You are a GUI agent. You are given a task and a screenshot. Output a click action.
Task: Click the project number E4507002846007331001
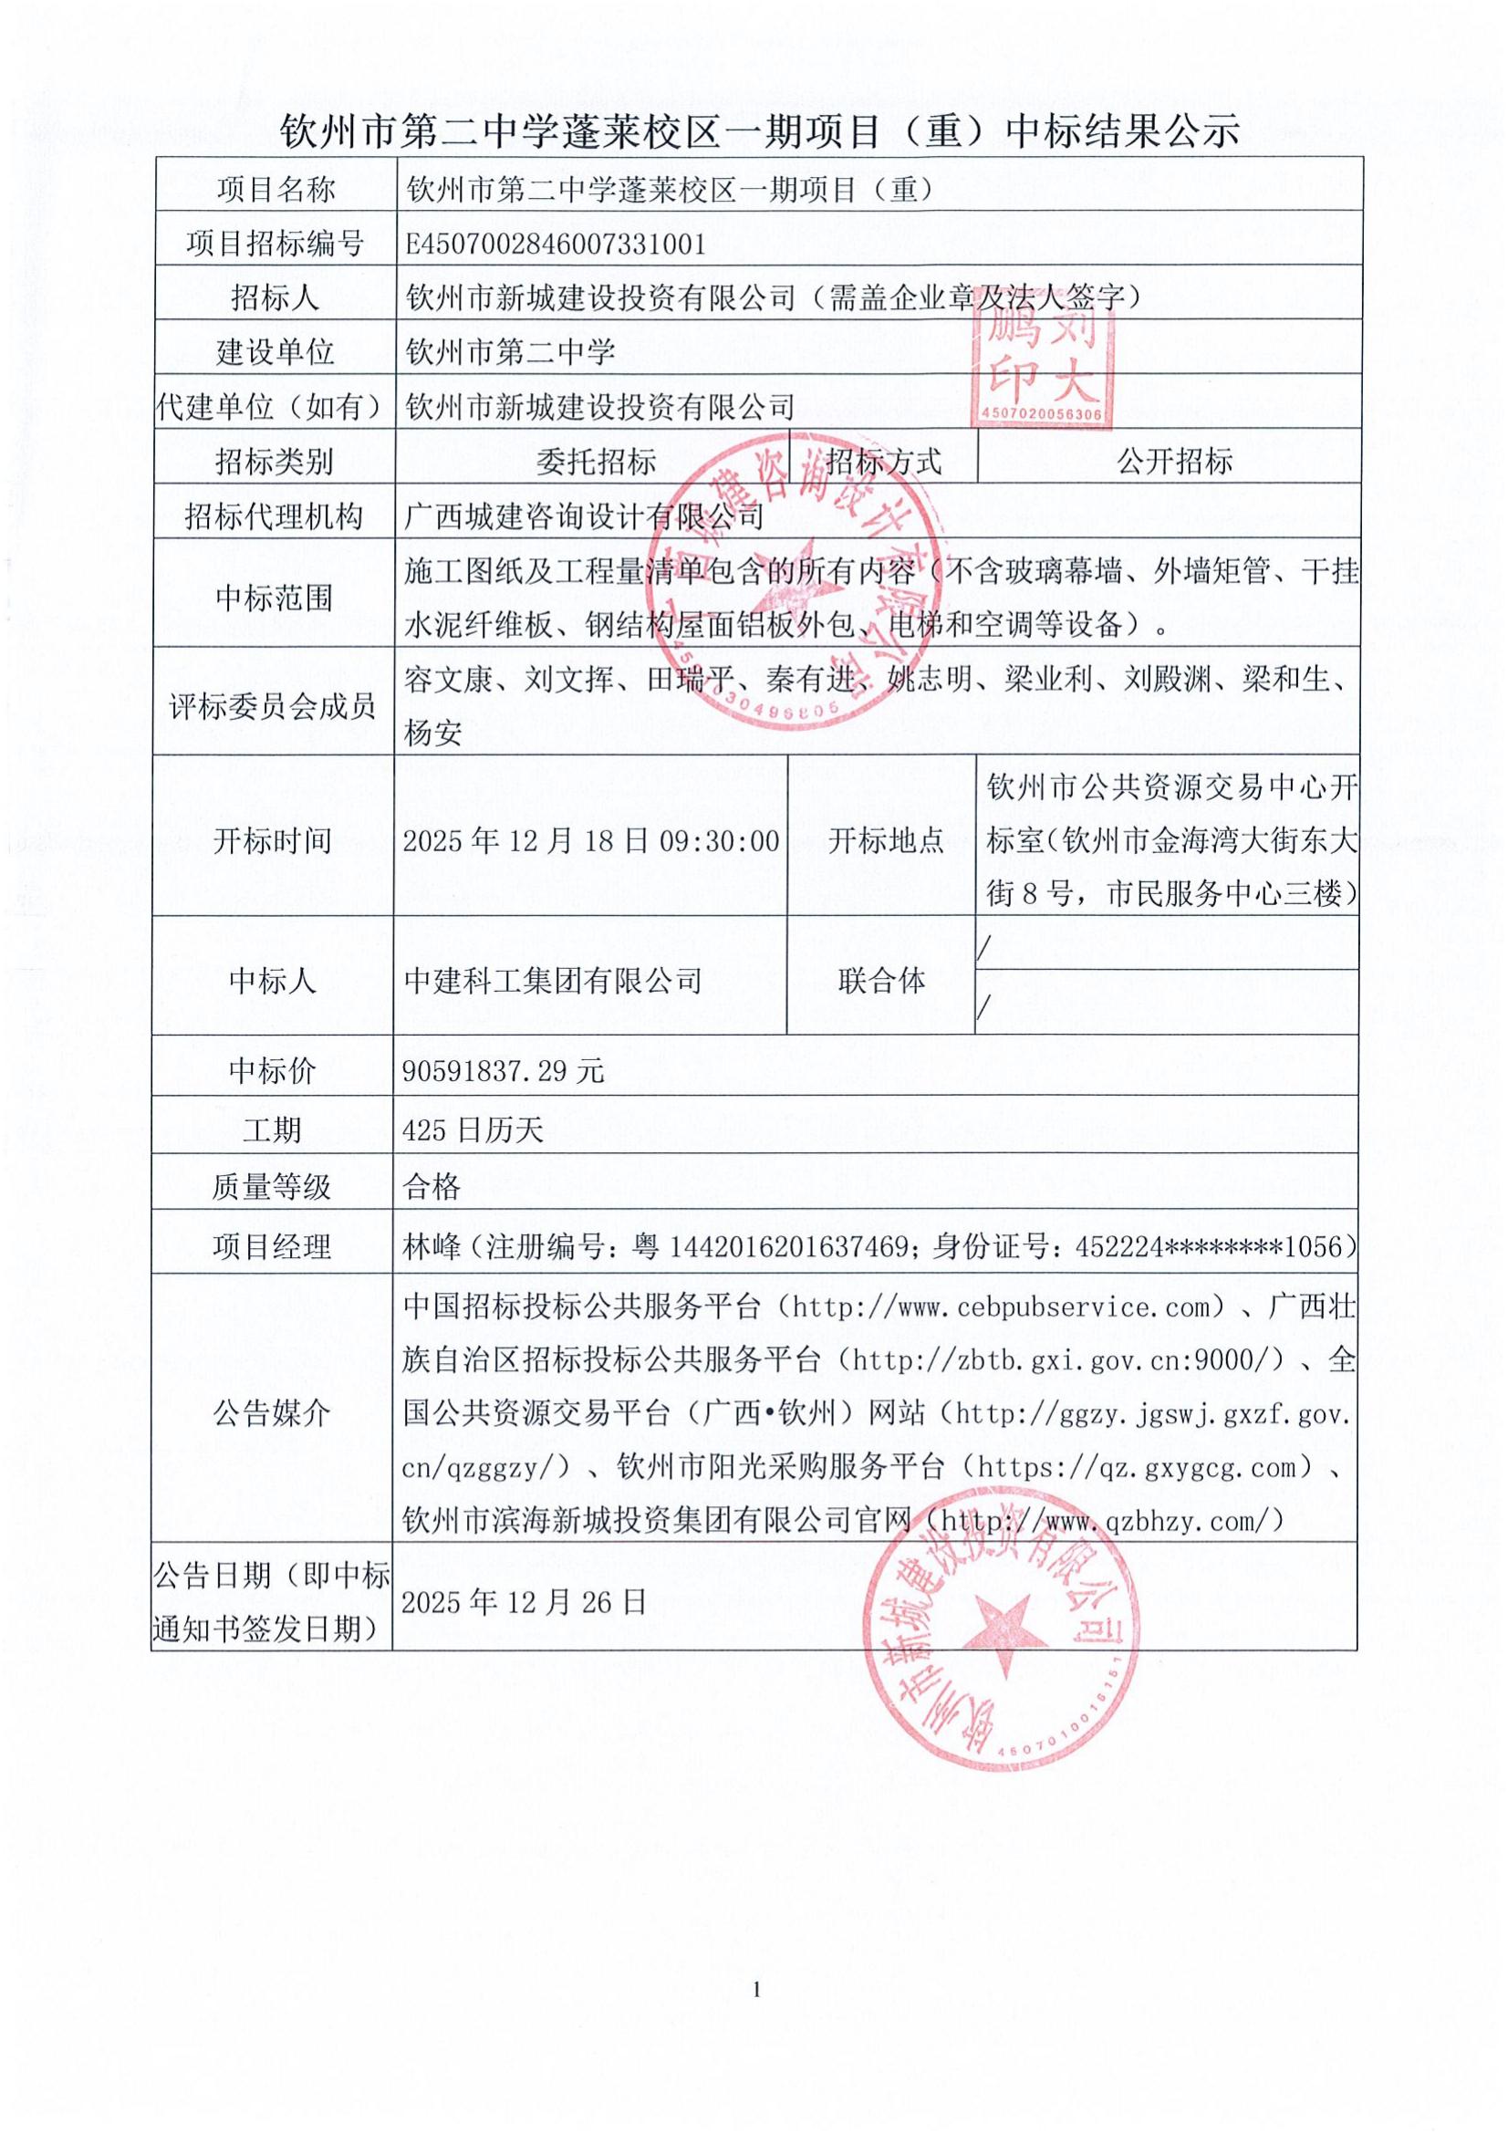[556, 244]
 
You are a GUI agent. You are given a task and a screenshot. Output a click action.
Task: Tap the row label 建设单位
[274, 352]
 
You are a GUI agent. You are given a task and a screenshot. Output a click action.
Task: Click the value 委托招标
[596, 461]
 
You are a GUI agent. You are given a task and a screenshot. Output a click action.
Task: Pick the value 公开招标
[1174, 461]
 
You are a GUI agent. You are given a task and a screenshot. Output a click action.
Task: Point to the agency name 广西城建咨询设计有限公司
[584, 515]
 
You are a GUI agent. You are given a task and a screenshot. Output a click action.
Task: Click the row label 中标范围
[274, 598]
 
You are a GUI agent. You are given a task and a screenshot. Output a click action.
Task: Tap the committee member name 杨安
[433, 734]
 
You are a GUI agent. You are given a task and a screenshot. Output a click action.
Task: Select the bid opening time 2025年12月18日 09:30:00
[591, 841]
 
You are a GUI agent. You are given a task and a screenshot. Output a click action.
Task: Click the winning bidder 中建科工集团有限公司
[553, 981]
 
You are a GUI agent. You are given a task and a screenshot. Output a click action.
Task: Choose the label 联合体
[881, 981]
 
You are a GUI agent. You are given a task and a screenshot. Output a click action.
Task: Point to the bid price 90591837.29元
[504, 1072]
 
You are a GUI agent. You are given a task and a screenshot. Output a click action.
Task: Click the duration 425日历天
[473, 1130]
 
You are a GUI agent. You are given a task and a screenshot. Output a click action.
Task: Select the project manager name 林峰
[432, 1246]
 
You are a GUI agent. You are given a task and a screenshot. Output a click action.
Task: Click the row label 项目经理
[271, 1246]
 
